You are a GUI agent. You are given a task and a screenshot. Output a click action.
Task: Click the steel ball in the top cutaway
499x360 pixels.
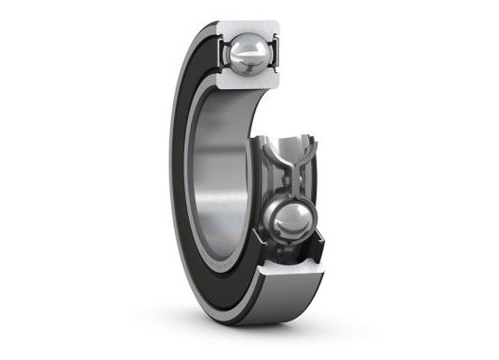[x=248, y=57]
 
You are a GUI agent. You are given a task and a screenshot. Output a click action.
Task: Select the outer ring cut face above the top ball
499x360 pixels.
[x=248, y=27]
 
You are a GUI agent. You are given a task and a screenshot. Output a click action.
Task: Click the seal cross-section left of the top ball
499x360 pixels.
[x=222, y=54]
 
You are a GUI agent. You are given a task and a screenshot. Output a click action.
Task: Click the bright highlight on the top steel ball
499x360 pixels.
[x=241, y=49]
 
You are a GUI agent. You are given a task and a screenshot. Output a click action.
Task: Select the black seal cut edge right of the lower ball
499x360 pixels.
[x=315, y=238]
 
